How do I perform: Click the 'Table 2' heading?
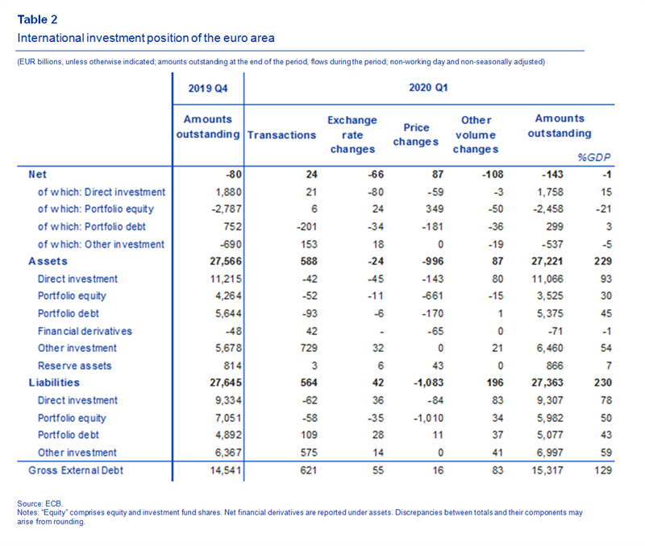coord(37,19)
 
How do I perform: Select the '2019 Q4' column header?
coord(208,89)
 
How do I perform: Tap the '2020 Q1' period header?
coord(428,88)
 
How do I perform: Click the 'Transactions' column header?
coord(281,135)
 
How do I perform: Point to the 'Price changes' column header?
coord(416,134)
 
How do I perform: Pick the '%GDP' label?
coord(594,157)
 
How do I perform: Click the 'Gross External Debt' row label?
coord(76,470)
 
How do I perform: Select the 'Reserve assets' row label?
coord(74,366)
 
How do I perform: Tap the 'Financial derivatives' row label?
coord(85,331)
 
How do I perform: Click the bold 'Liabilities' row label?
coord(54,383)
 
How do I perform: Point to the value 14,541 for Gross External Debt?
coord(226,470)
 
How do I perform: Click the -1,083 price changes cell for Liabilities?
coord(428,383)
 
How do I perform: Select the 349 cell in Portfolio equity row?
coord(435,209)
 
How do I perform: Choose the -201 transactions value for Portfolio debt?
coord(307,226)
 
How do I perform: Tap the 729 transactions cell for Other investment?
coord(309,348)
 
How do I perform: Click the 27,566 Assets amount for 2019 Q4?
coord(226,261)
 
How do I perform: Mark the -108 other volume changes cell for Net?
coord(493,174)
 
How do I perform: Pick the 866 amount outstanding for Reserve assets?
coord(554,366)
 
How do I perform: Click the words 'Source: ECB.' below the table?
coord(40,503)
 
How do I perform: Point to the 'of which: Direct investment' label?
coord(102,192)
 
